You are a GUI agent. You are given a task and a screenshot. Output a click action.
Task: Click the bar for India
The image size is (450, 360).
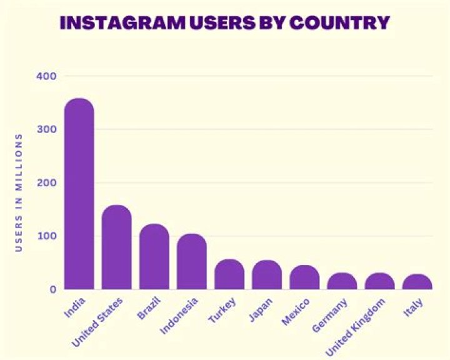click(79, 194)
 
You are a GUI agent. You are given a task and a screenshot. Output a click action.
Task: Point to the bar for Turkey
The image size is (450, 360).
click(229, 274)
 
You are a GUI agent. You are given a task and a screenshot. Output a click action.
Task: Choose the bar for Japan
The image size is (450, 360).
click(267, 275)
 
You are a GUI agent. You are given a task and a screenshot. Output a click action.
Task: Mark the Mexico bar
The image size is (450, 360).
click(304, 277)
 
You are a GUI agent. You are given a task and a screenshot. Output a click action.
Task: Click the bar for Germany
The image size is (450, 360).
click(342, 281)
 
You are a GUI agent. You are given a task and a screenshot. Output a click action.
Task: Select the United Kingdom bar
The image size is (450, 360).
click(379, 281)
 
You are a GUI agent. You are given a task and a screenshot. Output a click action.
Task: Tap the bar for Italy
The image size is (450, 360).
click(417, 282)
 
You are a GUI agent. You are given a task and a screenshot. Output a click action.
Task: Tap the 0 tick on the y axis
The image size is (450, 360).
click(53, 289)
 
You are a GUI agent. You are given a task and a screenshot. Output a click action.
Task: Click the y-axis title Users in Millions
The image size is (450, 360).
click(19, 191)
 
